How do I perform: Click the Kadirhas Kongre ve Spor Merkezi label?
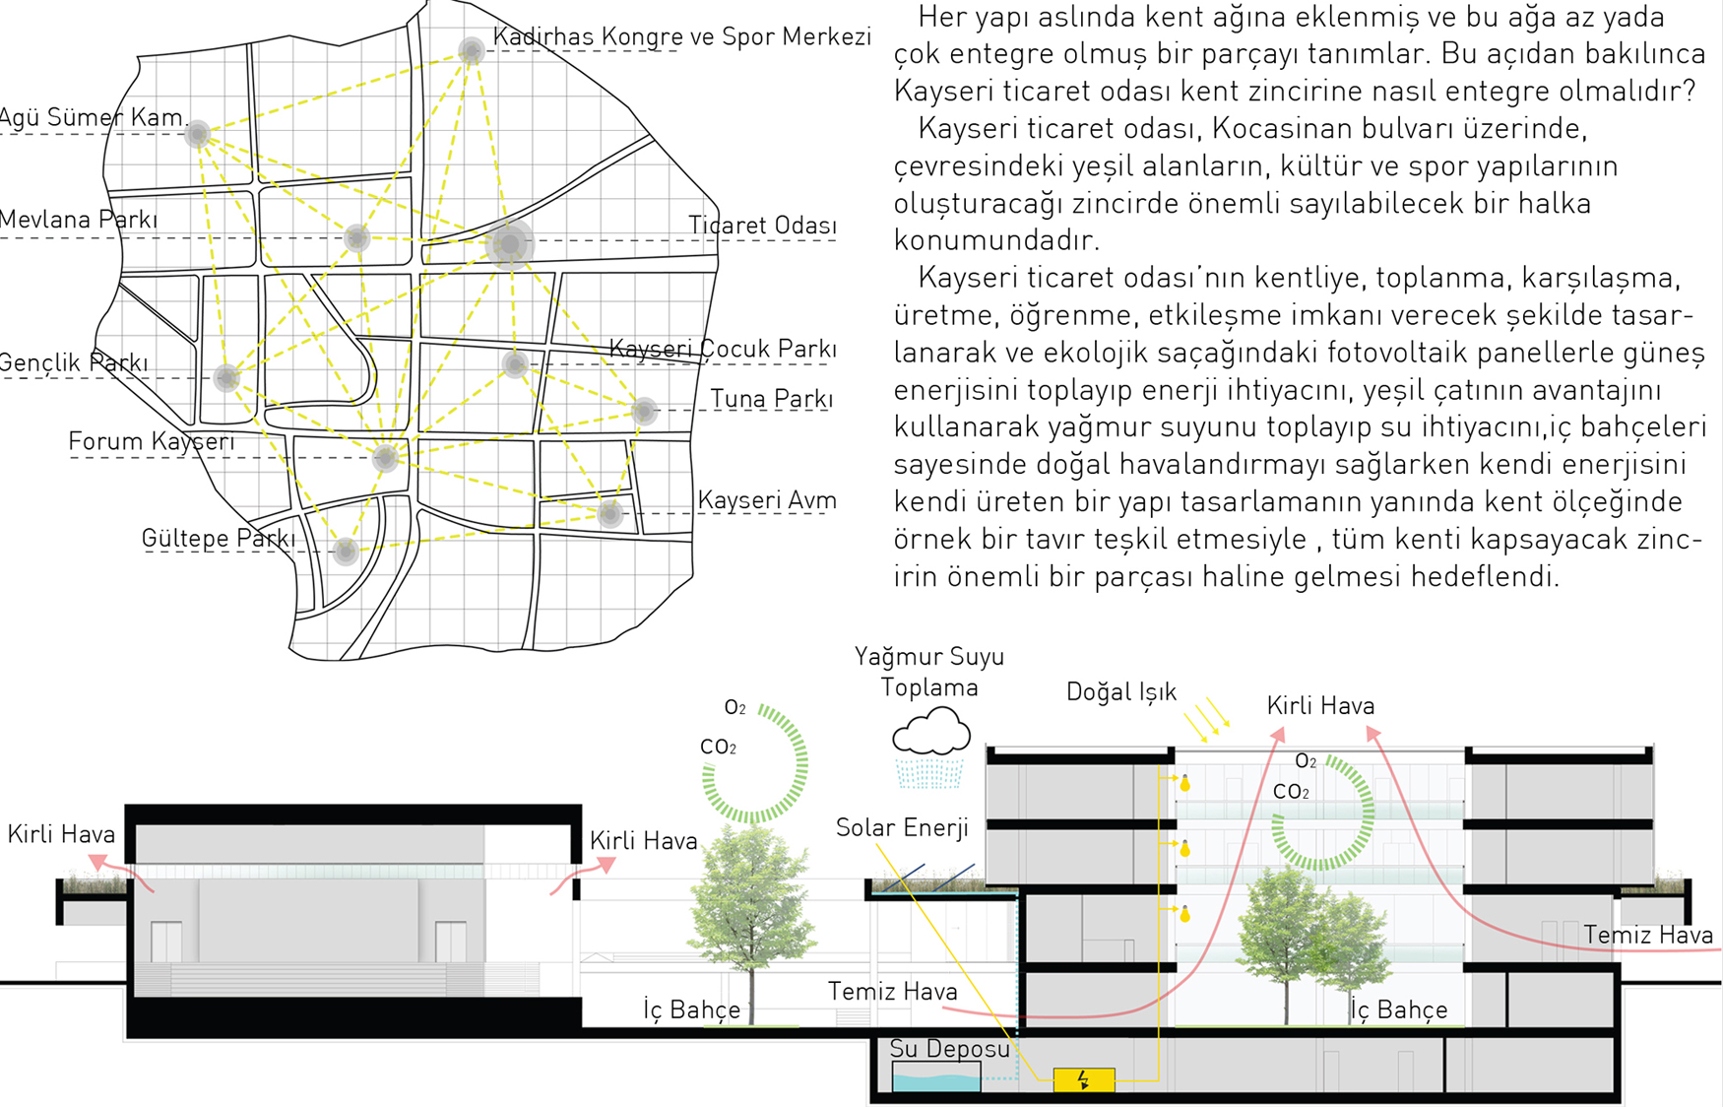point(681,36)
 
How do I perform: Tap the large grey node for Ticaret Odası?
point(509,243)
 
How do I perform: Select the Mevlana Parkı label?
point(79,220)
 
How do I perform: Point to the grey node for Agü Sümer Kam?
point(198,134)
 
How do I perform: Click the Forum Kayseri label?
point(152,441)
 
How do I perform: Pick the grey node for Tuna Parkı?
point(644,410)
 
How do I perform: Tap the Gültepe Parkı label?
point(219,539)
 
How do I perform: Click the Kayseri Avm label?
point(767,500)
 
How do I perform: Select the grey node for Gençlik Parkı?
point(226,377)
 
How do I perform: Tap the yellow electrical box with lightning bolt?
point(1084,1079)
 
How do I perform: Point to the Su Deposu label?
point(949,1049)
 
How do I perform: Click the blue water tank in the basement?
point(936,1082)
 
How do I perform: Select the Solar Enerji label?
point(902,827)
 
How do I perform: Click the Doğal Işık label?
point(1121,692)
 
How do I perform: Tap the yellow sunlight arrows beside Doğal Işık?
point(1207,719)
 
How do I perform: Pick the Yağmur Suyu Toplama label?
point(929,672)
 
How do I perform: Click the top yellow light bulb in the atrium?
point(1185,783)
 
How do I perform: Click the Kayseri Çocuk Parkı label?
point(723,349)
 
